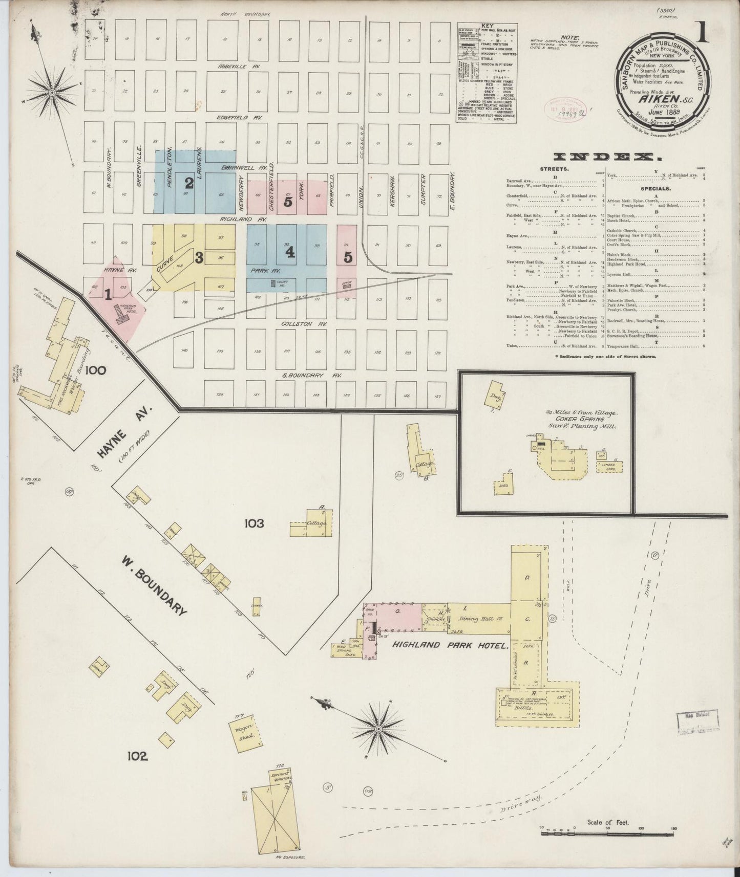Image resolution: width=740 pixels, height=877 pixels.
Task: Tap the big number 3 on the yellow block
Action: pos(199,258)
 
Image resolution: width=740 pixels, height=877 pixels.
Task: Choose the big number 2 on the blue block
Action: pos(189,183)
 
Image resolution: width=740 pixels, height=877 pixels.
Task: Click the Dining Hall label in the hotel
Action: pos(478,619)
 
